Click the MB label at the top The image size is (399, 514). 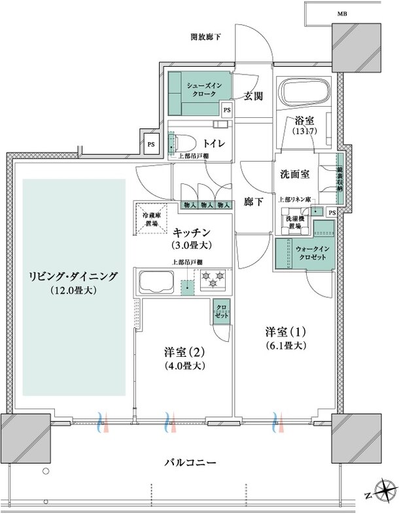click(x=342, y=14)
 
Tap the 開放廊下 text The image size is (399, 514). click(x=205, y=37)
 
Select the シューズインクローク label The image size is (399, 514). click(x=200, y=89)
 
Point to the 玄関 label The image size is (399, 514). click(x=253, y=96)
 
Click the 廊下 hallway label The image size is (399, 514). click(x=253, y=202)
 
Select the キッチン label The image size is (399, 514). click(x=191, y=232)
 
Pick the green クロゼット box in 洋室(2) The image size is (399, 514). click(x=220, y=310)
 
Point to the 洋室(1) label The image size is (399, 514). click(x=285, y=333)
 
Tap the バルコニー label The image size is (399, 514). click(x=190, y=462)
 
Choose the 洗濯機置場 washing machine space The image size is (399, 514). click(x=294, y=222)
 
